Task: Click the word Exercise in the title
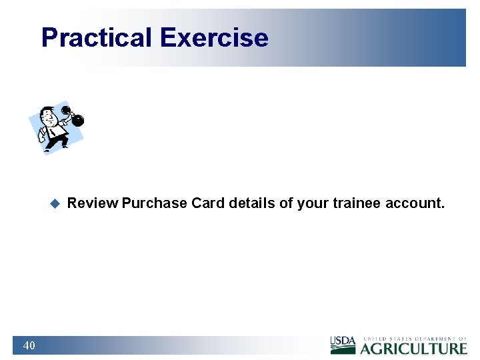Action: (x=214, y=38)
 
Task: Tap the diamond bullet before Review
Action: (x=55, y=203)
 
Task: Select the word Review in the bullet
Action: (x=93, y=203)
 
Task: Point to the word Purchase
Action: (x=155, y=203)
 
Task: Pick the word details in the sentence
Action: (x=252, y=203)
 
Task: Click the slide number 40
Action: (x=29, y=345)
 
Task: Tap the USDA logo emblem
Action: (x=343, y=345)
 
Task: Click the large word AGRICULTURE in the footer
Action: (x=414, y=348)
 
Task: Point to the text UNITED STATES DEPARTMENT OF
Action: (x=414, y=339)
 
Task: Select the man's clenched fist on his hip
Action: (x=42, y=134)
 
